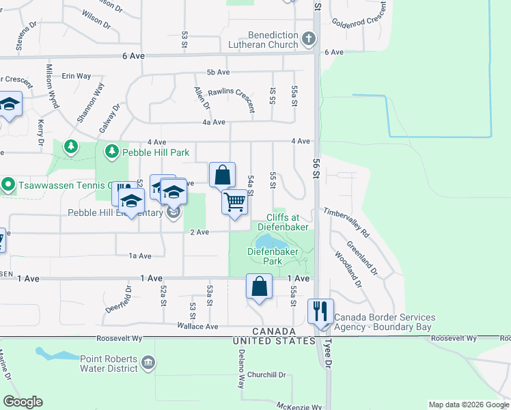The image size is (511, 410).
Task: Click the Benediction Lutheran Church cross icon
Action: pos(309,39)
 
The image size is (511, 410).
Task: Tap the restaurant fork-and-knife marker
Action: pos(320,311)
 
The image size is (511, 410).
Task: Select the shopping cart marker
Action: pos(234,202)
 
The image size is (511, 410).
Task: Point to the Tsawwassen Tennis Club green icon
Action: pos(8,184)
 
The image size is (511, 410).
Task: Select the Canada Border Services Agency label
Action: pos(383,323)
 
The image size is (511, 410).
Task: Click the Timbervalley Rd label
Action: pos(346,223)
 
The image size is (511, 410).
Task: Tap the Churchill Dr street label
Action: pos(266,374)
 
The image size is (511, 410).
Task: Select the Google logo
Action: pos(23,402)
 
